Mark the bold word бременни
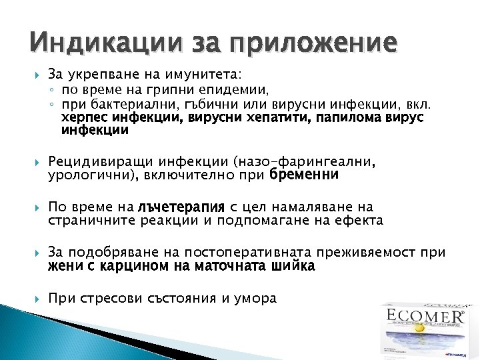click(x=304, y=175)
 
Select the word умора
click(x=255, y=299)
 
